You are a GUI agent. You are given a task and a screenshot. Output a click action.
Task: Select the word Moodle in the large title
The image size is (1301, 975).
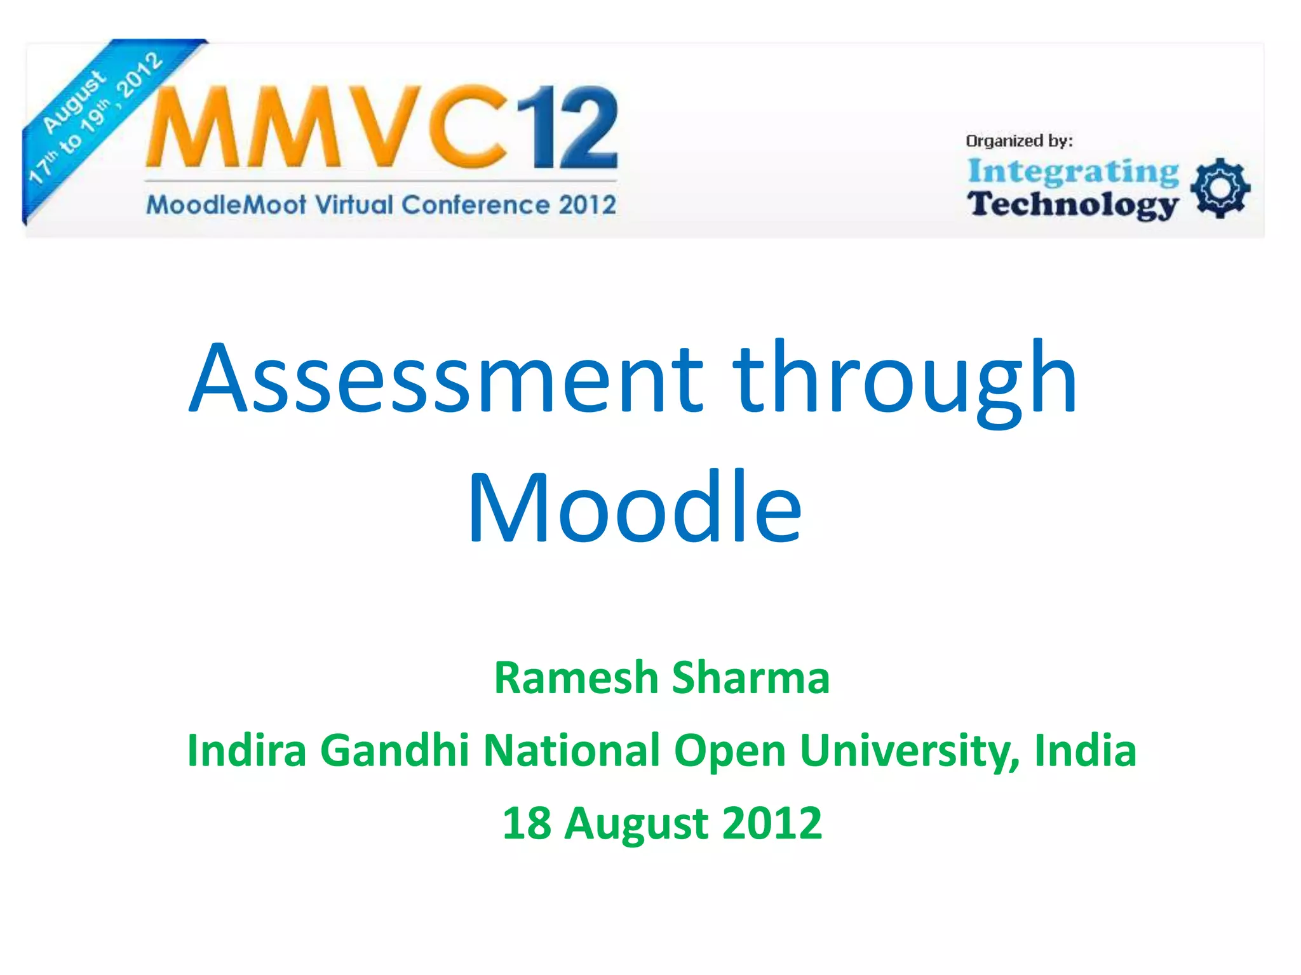[x=635, y=507]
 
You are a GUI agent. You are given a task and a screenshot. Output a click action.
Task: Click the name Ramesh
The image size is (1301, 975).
[x=576, y=678]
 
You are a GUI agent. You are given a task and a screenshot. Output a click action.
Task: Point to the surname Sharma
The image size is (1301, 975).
[x=750, y=678]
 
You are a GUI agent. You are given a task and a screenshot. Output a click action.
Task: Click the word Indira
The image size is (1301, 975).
[x=246, y=750]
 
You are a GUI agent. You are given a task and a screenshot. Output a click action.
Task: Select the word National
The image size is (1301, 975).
[x=572, y=750]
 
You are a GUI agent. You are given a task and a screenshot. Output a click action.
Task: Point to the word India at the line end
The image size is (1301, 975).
[x=1085, y=750]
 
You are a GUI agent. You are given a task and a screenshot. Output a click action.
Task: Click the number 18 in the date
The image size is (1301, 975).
[x=526, y=823]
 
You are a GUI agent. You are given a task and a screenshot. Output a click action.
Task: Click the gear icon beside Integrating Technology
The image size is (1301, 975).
[x=1220, y=189]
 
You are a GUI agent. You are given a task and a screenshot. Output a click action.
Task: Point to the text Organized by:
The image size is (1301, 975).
[x=1018, y=141]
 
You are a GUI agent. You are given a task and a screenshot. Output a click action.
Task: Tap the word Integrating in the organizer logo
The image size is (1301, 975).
[x=1073, y=171]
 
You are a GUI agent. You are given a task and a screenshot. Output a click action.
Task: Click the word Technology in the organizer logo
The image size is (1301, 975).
[x=1073, y=204]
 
